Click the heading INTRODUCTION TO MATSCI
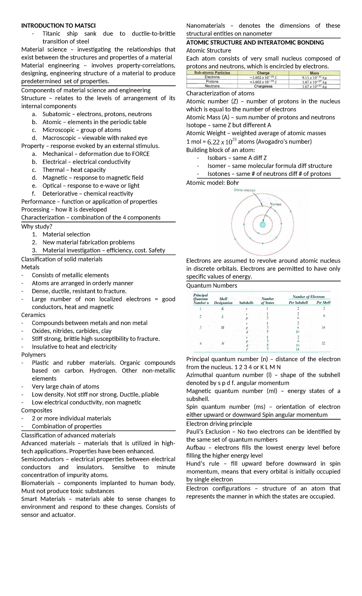tap(58, 26)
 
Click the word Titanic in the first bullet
tap(51, 33)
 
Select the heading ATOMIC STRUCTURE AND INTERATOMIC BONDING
tap(255, 43)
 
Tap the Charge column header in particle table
tap(263, 73)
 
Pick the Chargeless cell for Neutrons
tap(263, 86)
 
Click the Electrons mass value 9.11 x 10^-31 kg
tap(314, 78)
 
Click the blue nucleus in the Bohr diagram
tap(262, 224)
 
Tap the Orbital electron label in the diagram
tap(244, 190)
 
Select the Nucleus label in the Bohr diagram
tap(275, 204)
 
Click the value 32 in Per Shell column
tap(323, 343)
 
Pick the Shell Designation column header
tap(223, 301)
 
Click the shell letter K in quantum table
tap(223, 309)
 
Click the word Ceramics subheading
tap(33, 315)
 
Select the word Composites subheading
tap(37, 410)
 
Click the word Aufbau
tap(195, 448)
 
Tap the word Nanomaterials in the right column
tap(205, 26)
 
